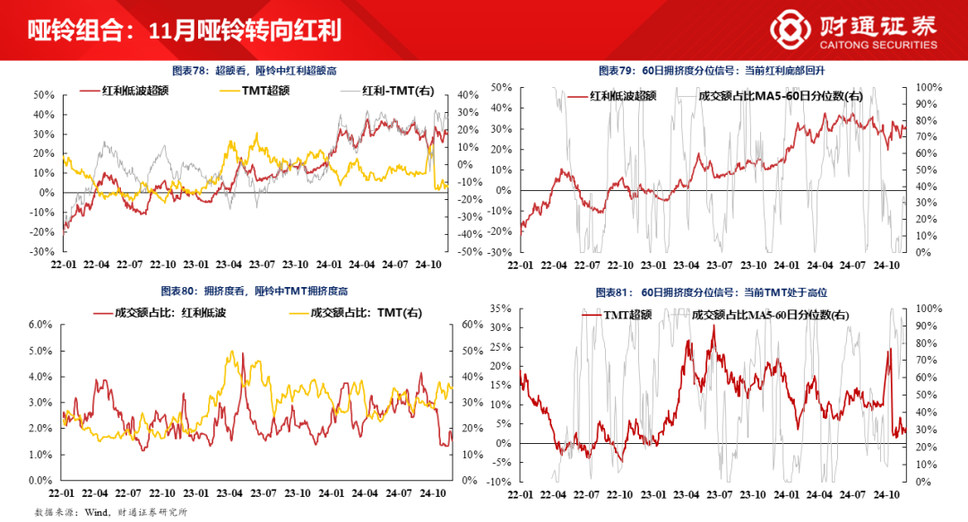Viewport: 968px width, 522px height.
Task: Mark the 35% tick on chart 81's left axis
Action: coord(498,309)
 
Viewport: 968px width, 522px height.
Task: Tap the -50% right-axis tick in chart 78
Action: coord(470,253)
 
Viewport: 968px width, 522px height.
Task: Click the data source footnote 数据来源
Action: coord(110,512)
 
